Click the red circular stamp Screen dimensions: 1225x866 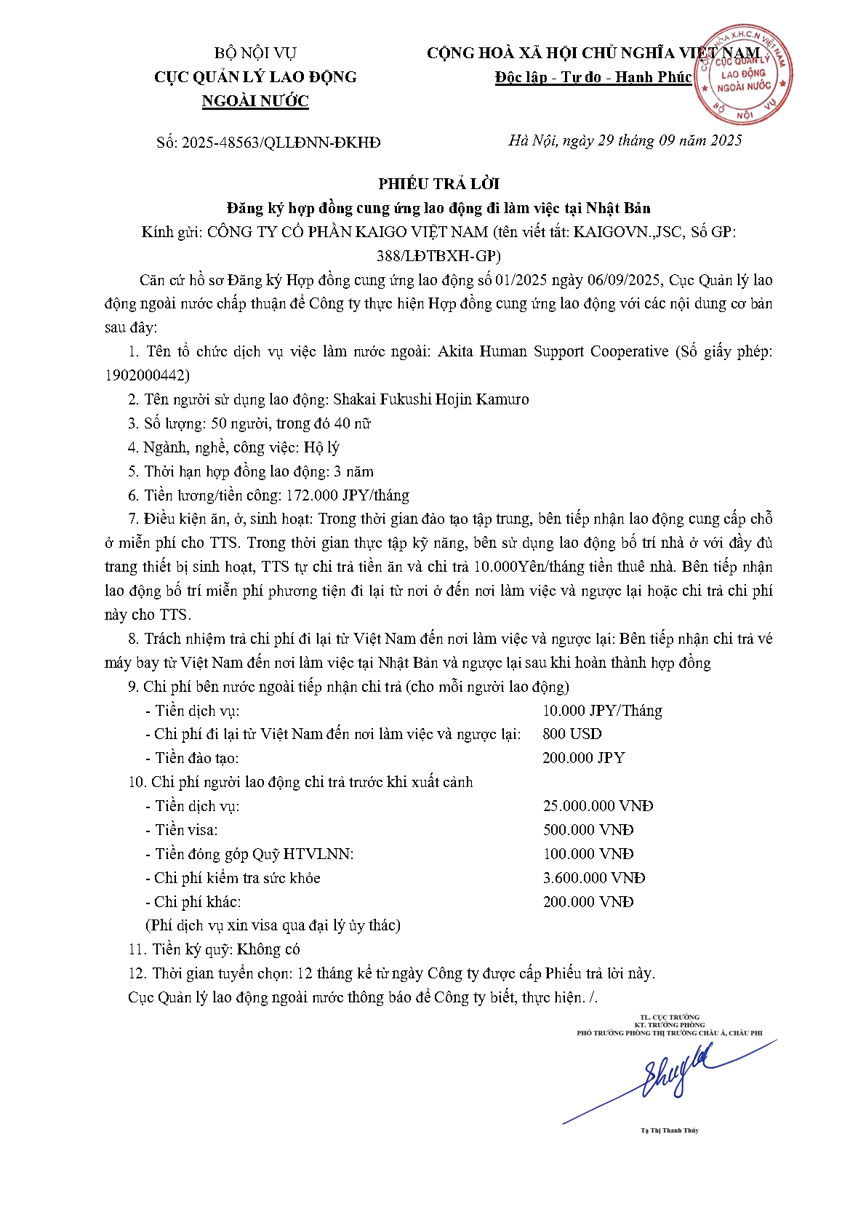click(x=742, y=75)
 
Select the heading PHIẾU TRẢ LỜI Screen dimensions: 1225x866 click(x=438, y=184)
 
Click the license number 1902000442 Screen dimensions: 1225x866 click(x=146, y=375)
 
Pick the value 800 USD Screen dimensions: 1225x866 click(x=572, y=734)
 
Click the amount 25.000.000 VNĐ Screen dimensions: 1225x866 click(x=598, y=806)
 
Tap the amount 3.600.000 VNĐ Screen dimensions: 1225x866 click(x=593, y=878)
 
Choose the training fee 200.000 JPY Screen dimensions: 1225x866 click(x=583, y=758)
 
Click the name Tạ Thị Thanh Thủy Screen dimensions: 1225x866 click(x=669, y=1130)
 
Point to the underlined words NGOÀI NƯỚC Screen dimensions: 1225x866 click(x=255, y=101)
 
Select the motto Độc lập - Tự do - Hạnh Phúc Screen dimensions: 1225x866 click(x=593, y=77)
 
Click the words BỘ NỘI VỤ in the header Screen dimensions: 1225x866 click(x=255, y=53)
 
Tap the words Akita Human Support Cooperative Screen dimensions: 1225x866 click(x=553, y=351)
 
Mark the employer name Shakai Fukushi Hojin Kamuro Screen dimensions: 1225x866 click(x=430, y=399)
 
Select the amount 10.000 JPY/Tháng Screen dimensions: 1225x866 click(x=602, y=711)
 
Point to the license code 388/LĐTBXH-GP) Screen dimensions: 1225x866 click(x=438, y=256)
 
